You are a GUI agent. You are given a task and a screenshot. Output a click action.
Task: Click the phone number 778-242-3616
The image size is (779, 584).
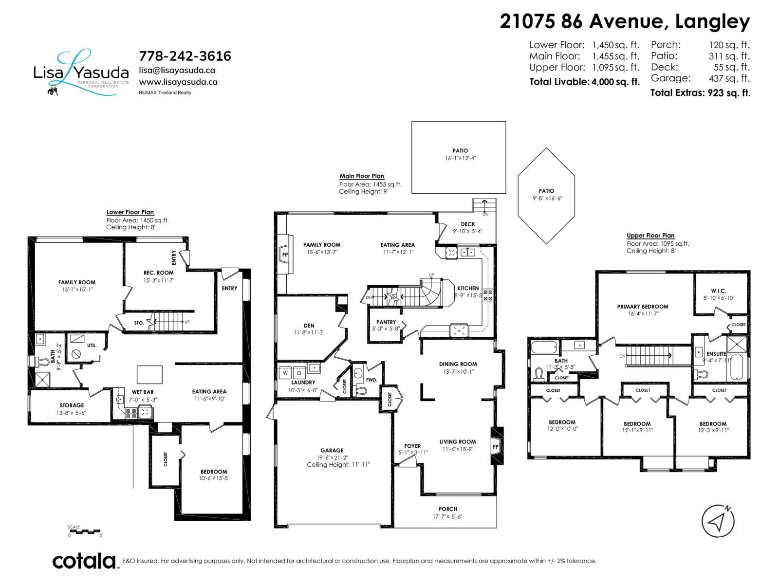click(x=185, y=56)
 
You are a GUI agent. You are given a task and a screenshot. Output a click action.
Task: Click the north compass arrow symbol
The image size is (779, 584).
click(x=718, y=522)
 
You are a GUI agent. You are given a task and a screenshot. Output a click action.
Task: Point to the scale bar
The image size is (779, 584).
click(x=84, y=531)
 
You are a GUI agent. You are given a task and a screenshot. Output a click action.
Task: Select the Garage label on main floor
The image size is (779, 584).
click(x=332, y=451)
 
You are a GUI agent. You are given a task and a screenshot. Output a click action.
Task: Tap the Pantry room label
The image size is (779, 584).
click(x=386, y=322)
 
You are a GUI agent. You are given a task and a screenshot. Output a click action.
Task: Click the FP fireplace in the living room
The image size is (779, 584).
click(x=496, y=447)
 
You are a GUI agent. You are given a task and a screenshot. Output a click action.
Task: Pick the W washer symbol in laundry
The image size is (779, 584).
click(x=285, y=373)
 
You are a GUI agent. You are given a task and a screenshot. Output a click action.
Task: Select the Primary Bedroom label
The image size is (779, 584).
click(x=642, y=307)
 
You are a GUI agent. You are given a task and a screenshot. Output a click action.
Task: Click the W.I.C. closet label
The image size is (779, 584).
click(x=718, y=291)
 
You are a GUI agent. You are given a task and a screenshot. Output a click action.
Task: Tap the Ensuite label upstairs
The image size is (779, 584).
click(x=716, y=354)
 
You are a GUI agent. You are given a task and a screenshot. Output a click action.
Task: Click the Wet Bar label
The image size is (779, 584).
click(x=143, y=392)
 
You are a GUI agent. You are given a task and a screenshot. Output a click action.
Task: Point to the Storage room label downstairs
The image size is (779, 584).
click(x=72, y=405)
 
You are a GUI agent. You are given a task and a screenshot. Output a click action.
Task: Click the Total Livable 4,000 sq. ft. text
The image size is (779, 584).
click(x=584, y=82)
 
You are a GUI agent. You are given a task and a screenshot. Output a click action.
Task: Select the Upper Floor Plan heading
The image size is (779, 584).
click(x=650, y=236)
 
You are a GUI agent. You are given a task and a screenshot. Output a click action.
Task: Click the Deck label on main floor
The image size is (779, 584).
click(x=467, y=224)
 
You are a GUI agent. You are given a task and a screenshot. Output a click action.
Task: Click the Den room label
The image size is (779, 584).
click(x=309, y=326)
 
